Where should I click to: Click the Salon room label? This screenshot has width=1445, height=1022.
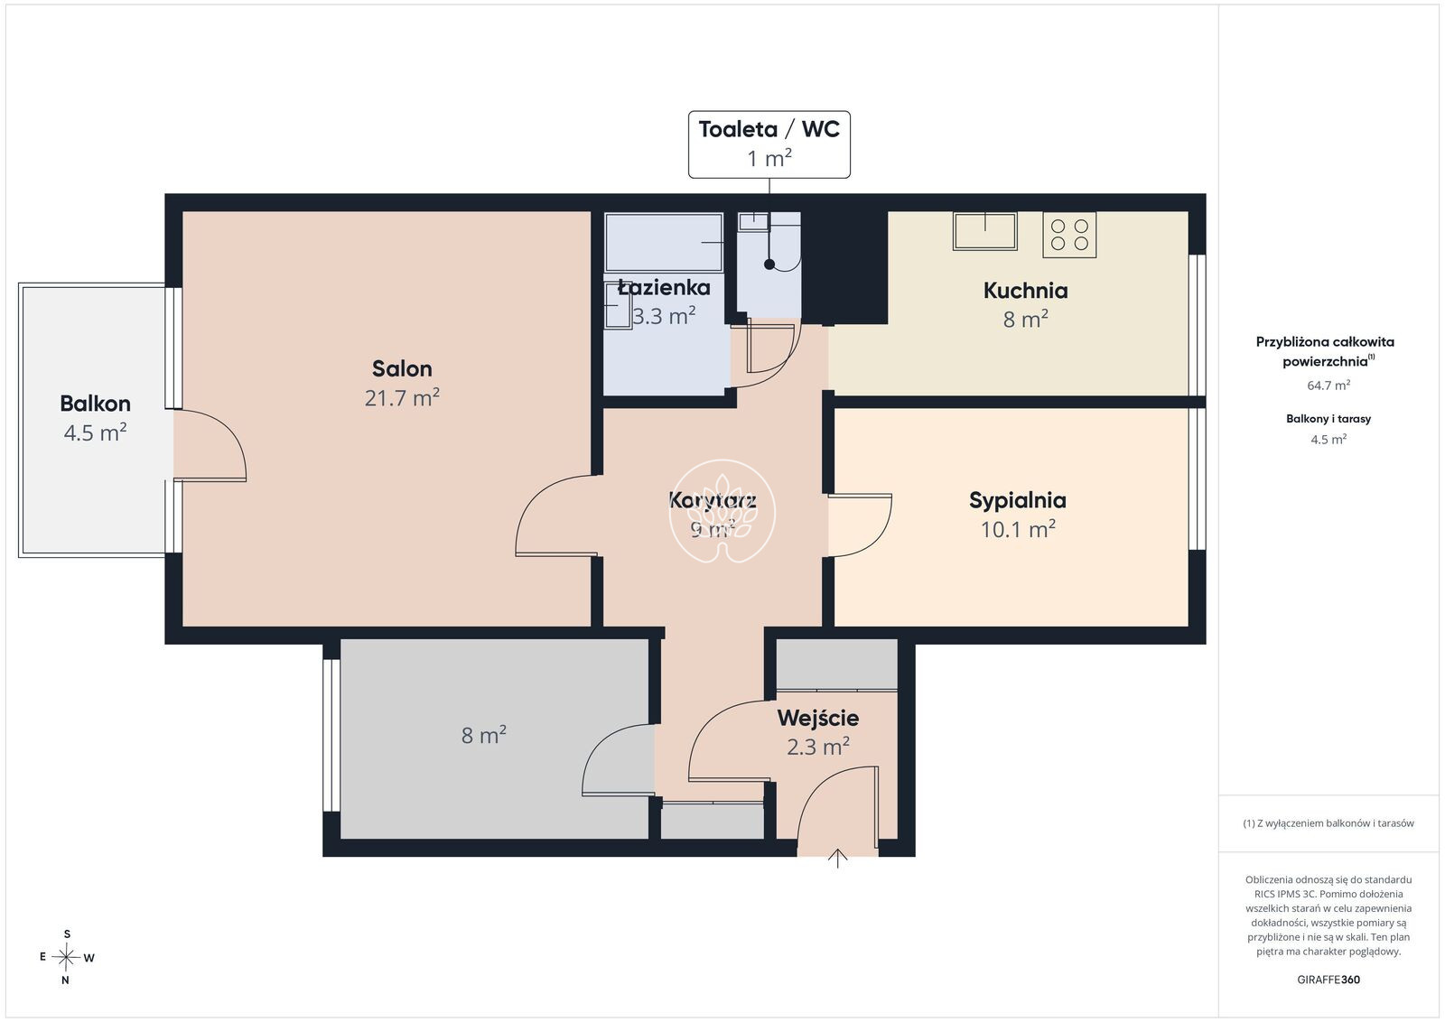(x=402, y=368)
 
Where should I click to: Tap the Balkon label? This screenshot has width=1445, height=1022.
(x=96, y=403)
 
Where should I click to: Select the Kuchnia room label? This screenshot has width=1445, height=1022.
(x=1025, y=290)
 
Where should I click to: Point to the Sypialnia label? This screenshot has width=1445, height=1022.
(x=1017, y=500)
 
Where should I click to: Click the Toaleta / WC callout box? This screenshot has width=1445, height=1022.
(x=769, y=144)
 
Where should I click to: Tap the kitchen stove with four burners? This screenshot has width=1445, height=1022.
(x=1069, y=235)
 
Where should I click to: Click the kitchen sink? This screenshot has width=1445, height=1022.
(x=985, y=231)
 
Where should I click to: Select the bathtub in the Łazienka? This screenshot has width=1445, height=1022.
(x=664, y=243)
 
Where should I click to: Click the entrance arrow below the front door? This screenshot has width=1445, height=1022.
(x=837, y=859)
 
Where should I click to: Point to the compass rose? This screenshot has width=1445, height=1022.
(x=66, y=957)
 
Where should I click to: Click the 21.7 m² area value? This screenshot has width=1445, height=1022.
(x=402, y=397)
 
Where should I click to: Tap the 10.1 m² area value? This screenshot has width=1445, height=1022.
(x=1018, y=529)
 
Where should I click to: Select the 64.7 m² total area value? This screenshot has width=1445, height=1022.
(x=1328, y=385)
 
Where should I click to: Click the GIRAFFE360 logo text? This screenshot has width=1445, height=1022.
(x=1328, y=980)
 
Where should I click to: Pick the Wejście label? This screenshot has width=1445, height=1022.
(x=818, y=718)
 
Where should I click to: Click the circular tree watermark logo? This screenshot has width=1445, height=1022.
(x=722, y=511)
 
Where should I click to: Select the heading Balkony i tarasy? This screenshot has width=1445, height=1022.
(x=1328, y=419)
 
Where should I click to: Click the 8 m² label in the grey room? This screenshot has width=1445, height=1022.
(x=484, y=734)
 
